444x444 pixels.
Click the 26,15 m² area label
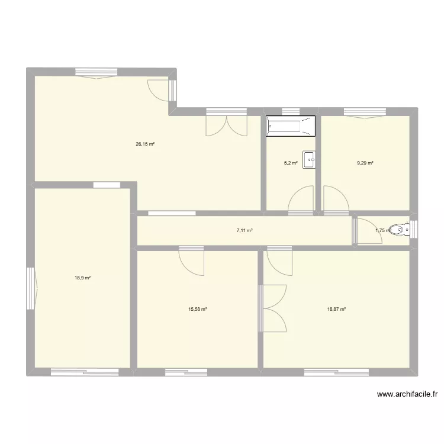click(145, 144)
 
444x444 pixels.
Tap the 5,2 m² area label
click(291, 163)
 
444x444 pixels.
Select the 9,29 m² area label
click(365, 163)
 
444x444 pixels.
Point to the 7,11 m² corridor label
click(244, 230)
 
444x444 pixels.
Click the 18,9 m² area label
click(83, 278)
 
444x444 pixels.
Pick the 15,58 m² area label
click(198, 309)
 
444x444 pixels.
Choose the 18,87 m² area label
click(336, 309)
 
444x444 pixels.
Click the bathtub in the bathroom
click(291, 126)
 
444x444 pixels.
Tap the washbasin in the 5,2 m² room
click(309, 160)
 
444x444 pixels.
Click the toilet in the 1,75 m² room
click(400, 229)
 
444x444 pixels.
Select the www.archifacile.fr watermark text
click(407, 394)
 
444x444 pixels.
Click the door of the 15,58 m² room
click(191, 261)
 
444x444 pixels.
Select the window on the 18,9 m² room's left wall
click(32, 288)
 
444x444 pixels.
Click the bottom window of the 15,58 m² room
click(186, 372)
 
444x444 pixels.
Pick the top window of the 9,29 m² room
click(365, 112)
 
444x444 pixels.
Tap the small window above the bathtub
click(291, 111)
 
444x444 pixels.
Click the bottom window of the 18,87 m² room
click(336, 372)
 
